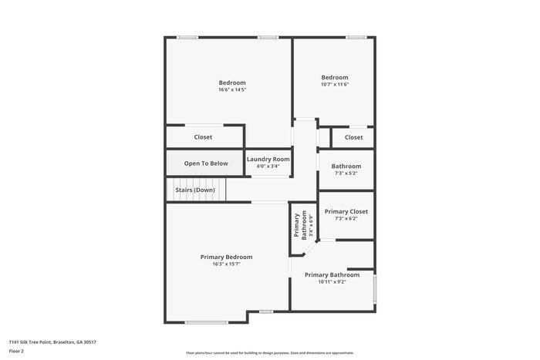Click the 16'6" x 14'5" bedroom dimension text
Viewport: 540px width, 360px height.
click(x=232, y=90)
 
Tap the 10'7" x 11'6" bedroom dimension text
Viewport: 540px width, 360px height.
click(x=335, y=84)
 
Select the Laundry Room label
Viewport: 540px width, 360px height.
click(x=268, y=159)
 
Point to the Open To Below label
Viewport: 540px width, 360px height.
click(x=206, y=163)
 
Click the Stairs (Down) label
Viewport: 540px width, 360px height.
click(x=194, y=190)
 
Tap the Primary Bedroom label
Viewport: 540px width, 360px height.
click(x=226, y=257)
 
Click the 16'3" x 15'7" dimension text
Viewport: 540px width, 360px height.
click(x=226, y=264)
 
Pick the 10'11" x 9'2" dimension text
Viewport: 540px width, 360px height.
click(x=332, y=281)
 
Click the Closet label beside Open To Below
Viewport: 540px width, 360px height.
click(x=203, y=137)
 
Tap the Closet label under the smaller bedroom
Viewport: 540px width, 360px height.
click(x=353, y=137)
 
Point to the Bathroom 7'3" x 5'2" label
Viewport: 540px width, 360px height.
click(x=346, y=167)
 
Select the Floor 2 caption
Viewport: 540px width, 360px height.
click(x=16, y=351)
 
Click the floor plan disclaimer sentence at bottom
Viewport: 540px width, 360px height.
click(x=270, y=352)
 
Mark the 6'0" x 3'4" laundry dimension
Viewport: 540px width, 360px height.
click(x=268, y=166)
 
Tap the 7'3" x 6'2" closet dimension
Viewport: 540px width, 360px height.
click(x=346, y=218)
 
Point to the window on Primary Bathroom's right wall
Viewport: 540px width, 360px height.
click(x=374, y=288)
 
